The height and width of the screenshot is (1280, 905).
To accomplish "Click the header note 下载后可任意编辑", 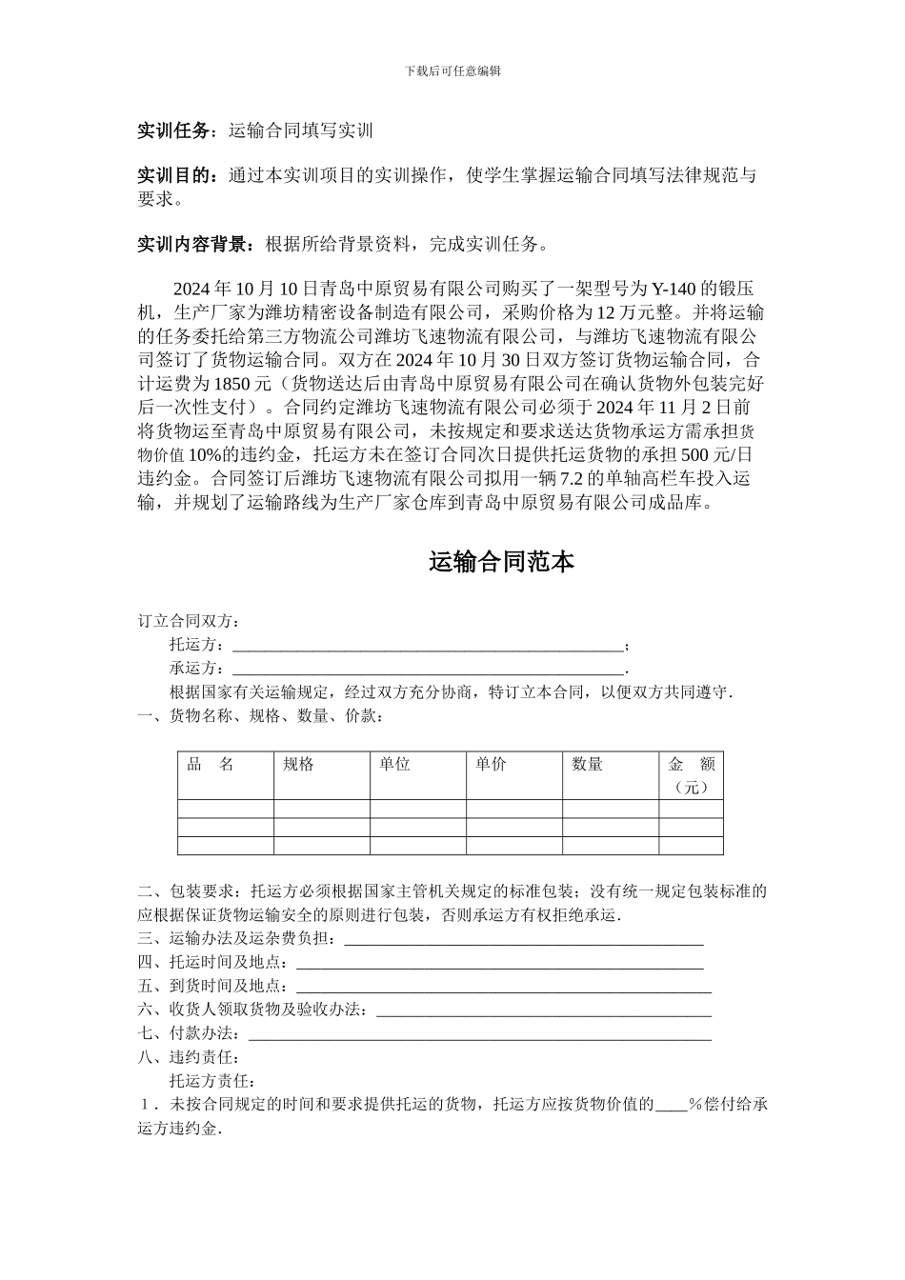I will (452, 70).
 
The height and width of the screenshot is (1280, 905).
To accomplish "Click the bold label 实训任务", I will (172, 130).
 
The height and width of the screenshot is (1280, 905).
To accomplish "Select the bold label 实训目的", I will (172, 176).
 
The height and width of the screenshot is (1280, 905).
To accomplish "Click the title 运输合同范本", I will (501, 562).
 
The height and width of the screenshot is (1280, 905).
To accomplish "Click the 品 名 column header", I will (211, 764).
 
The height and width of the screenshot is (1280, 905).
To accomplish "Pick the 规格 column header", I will (299, 764).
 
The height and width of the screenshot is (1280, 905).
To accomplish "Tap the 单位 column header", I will (394, 764).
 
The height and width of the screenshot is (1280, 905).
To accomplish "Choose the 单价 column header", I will (491, 764).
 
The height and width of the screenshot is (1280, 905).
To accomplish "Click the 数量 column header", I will (587, 764).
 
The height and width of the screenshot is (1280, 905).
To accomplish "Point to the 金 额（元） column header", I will (691, 775).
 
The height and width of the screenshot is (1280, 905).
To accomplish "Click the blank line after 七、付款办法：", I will (479, 1035).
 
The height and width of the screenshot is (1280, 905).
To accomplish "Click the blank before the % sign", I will (671, 1106).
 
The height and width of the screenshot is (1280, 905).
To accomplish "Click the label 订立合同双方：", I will (189, 621).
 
